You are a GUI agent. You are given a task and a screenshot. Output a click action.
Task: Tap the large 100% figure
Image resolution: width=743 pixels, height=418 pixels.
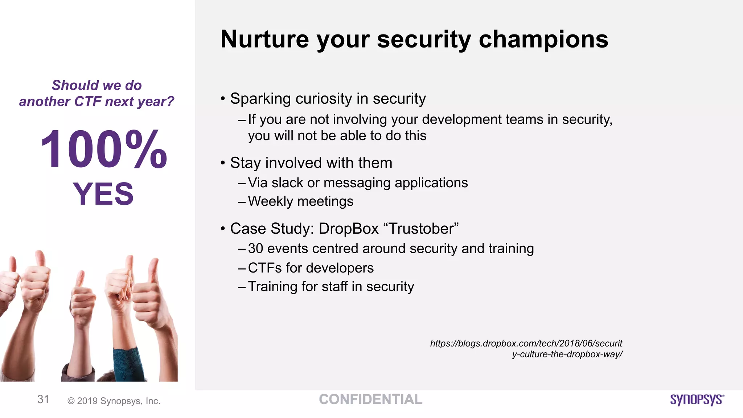tap(104, 149)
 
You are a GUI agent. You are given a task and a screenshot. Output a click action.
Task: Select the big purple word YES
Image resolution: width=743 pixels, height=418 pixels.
tap(103, 194)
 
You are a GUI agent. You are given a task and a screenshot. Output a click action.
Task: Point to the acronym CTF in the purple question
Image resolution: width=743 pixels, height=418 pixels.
tap(87, 102)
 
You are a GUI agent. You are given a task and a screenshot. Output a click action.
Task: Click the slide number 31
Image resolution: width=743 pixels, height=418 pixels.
tap(43, 399)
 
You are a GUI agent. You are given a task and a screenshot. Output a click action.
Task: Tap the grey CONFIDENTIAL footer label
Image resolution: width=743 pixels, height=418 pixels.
tap(370, 399)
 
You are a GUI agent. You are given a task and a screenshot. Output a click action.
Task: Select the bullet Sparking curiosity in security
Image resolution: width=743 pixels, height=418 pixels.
tap(328, 99)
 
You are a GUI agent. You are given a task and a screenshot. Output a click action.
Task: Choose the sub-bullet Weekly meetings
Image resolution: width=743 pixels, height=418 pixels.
tap(300, 201)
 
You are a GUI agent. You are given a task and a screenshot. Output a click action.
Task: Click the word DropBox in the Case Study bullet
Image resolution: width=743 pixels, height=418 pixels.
tap(348, 229)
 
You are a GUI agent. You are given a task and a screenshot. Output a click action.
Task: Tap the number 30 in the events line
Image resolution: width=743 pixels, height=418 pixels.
tap(255, 249)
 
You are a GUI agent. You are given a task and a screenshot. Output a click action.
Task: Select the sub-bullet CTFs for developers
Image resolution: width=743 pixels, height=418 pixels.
tap(311, 268)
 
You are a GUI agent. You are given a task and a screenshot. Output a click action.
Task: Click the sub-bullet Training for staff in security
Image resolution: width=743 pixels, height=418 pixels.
tap(331, 287)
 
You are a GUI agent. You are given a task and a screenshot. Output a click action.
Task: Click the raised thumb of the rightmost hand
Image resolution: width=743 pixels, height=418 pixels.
tap(154, 270)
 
